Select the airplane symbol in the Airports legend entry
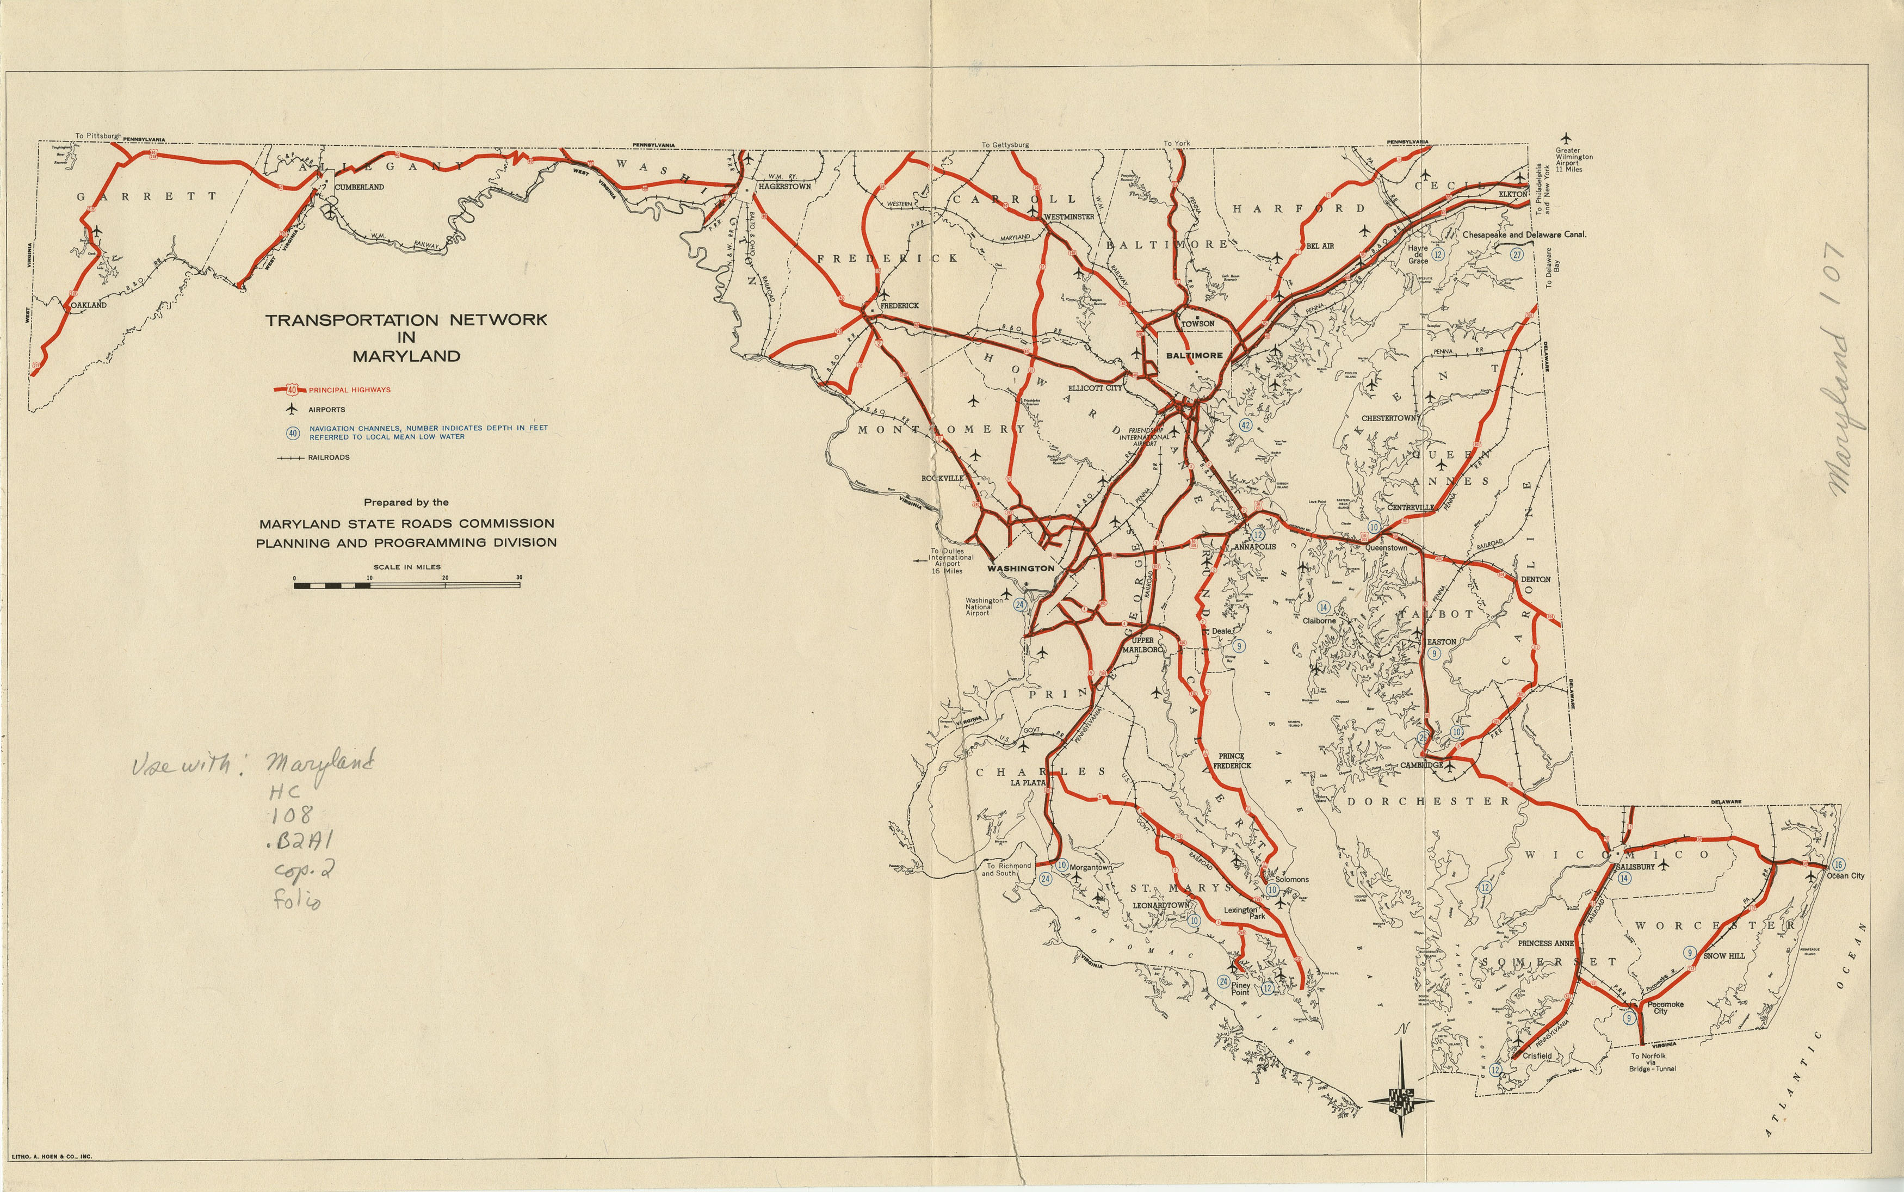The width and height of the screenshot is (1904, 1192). pyautogui.click(x=291, y=409)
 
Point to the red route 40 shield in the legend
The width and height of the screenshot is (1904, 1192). pyautogui.click(x=292, y=390)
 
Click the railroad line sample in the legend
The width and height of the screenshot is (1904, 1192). pyautogui.click(x=291, y=457)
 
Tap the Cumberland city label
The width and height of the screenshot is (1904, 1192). pyautogui.click(x=360, y=187)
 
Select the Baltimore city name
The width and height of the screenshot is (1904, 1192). pyautogui.click(x=1194, y=356)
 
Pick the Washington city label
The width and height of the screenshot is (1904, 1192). pyautogui.click(x=1021, y=567)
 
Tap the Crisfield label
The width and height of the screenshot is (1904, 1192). pyautogui.click(x=1537, y=1055)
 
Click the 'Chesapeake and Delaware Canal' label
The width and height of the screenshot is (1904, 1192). pyautogui.click(x=1524, y=234)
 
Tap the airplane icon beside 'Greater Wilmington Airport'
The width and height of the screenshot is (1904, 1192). pyautogui.click(x=1566, y=138)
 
